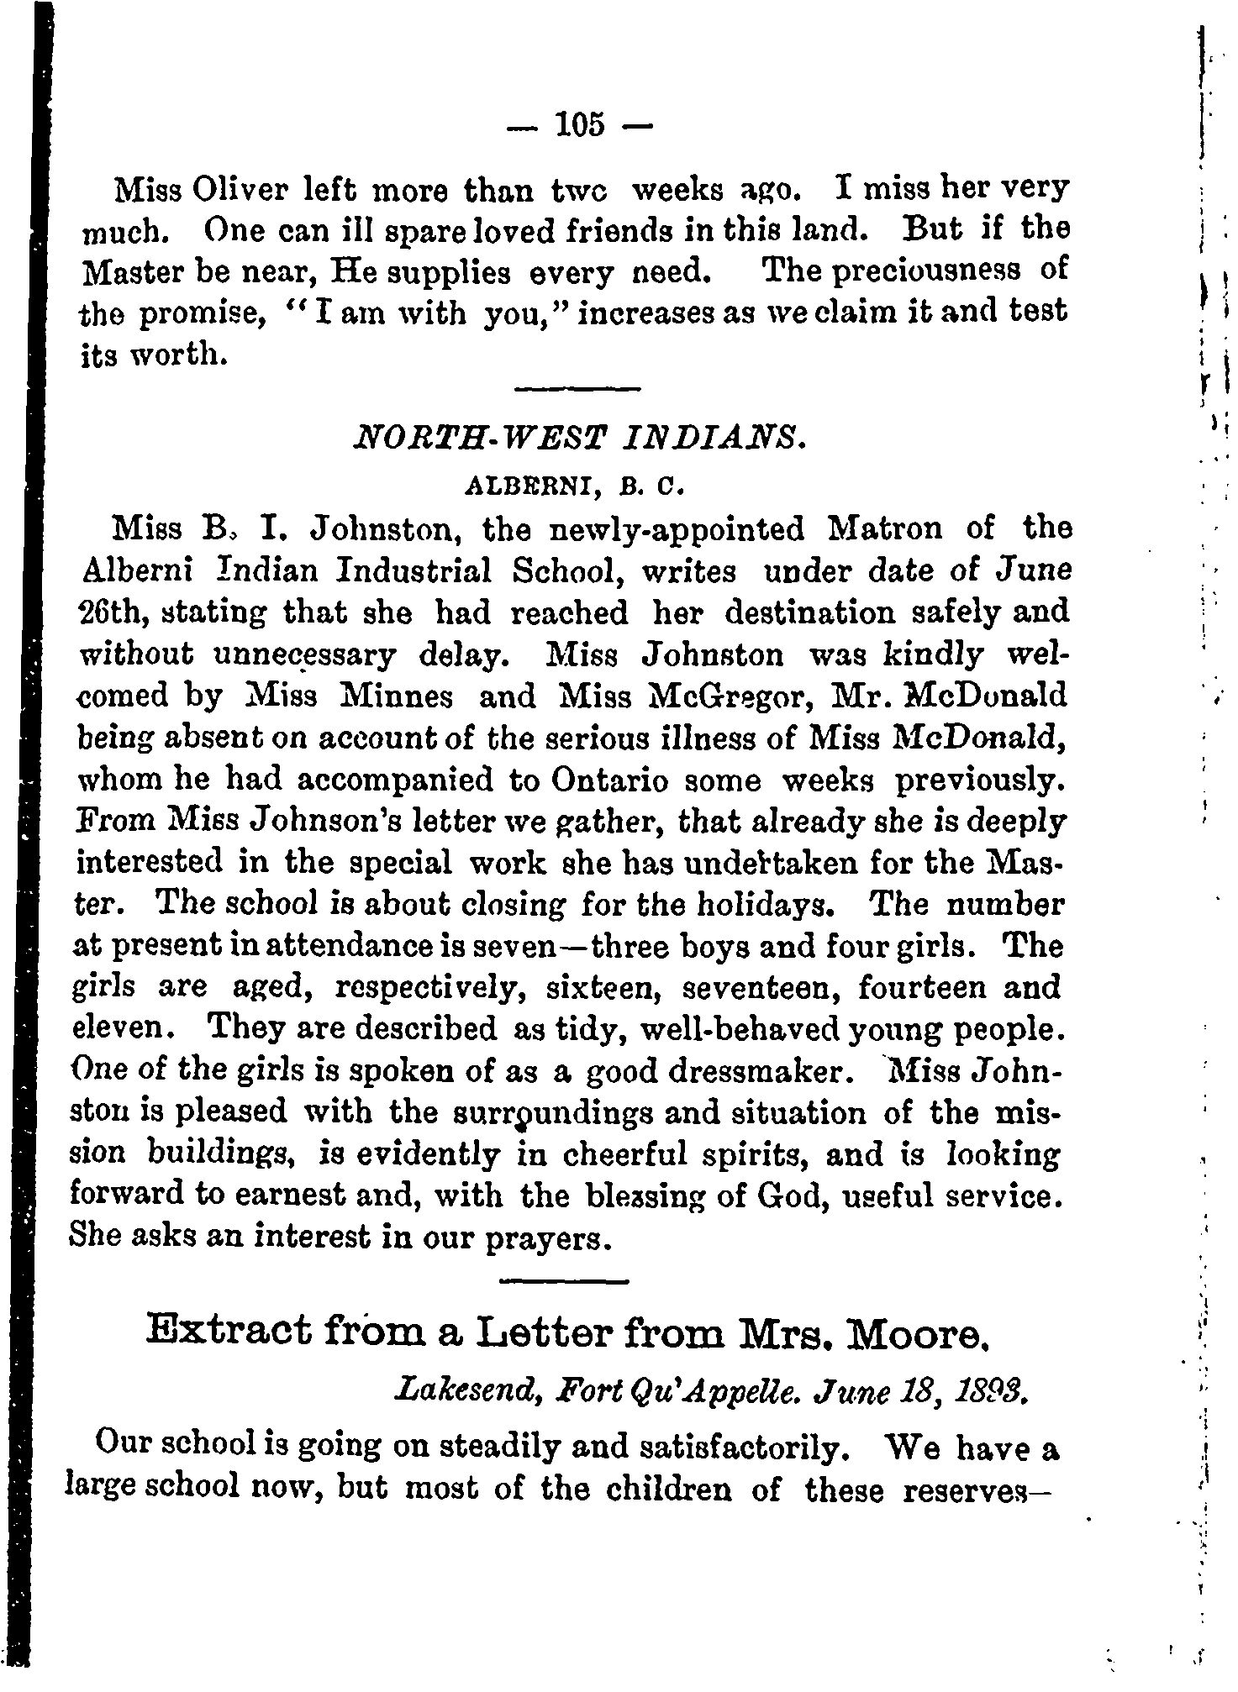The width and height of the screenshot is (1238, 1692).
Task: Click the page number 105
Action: tap(579, 125)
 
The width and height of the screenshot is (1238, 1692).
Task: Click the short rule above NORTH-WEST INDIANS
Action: tap(577, 388)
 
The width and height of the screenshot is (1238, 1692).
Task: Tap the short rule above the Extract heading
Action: tap(564, 1282)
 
